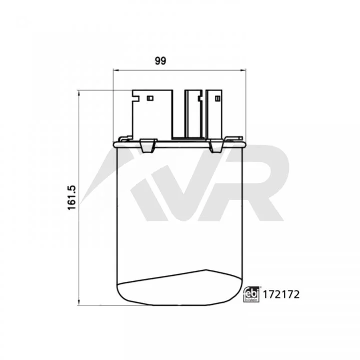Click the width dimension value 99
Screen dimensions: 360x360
coord(160,61)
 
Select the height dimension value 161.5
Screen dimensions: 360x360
coord(72,197)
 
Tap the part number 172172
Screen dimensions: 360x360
coord(281,294)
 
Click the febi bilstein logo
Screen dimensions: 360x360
coord(251,294)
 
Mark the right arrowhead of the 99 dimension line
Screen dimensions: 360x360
coord(243,70)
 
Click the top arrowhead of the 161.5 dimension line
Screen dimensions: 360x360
coord(79,93)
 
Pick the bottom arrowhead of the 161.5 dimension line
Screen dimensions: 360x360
coord(79,302)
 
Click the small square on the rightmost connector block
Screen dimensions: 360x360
coord(218,99)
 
